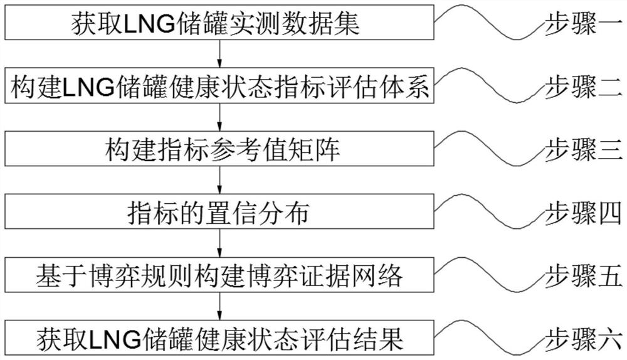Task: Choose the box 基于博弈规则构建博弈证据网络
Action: (x=219, y=275)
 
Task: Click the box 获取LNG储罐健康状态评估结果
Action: (x=219, y=338)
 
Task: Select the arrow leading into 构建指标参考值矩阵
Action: (x=219, y=119)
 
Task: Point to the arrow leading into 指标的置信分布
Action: (x=219, y=182)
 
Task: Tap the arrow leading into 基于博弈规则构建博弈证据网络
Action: (x=219, y=245)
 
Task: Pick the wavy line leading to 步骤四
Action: (x=489, y=213)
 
